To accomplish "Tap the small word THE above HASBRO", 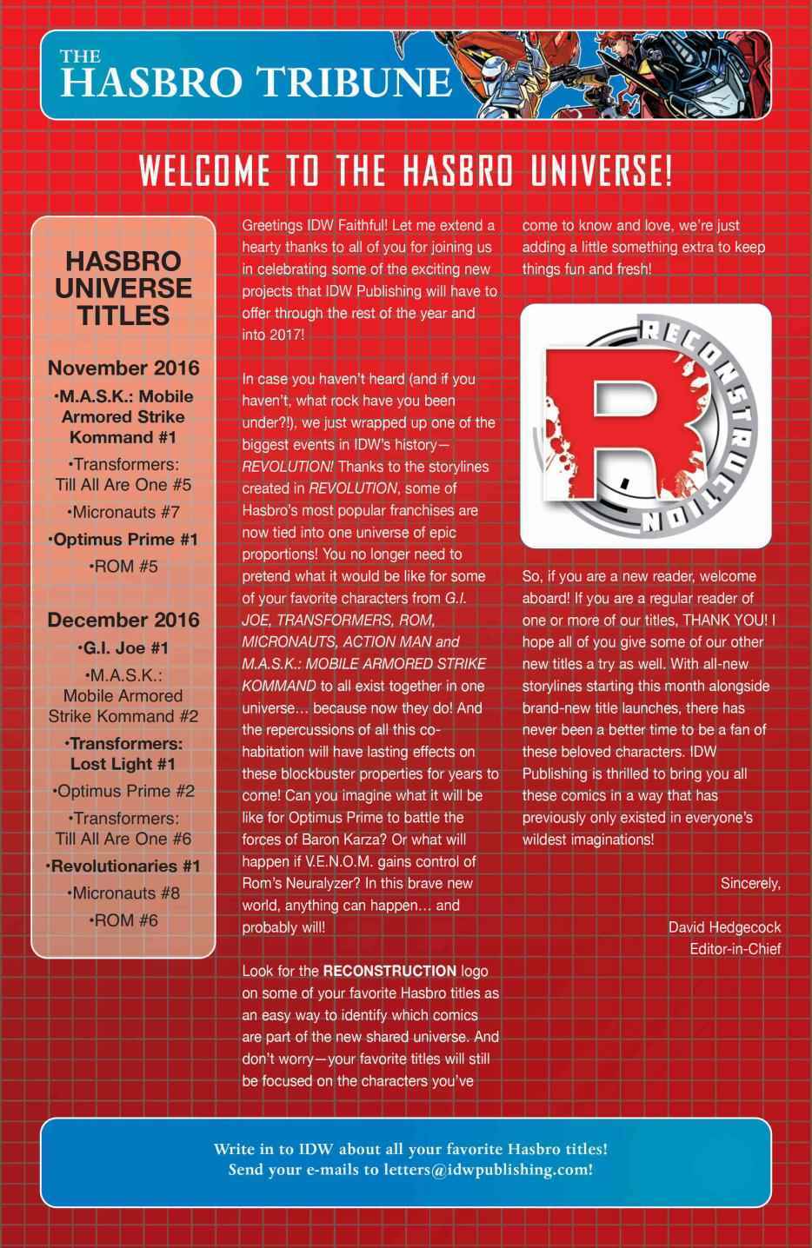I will click(80, 56).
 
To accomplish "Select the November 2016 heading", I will click(123, 368).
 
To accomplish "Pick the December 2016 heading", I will click(123, 620).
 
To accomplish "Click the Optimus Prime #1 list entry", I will click(123, 540).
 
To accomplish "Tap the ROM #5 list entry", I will click(123, 567).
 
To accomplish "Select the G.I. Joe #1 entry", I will click(123, 647).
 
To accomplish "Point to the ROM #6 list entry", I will click(123, 920).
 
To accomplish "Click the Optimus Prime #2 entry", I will click(123, 791).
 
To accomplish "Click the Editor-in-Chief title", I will click(735, 948).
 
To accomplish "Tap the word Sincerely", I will click(750, 883).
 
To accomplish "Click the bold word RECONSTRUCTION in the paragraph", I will click(389, 971).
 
